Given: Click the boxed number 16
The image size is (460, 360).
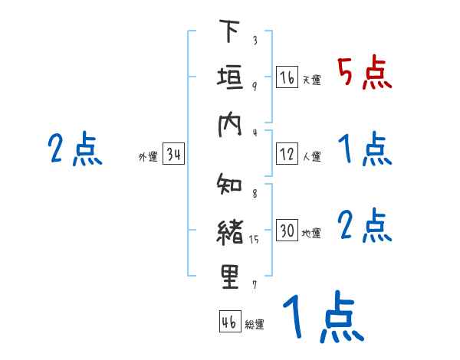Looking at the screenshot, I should (287, 77).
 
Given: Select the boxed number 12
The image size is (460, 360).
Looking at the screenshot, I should (287, 154).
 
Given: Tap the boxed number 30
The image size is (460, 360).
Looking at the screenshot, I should (287, 231).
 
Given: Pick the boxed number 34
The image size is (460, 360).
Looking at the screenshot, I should (173, 155).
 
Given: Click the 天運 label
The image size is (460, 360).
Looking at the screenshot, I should (311, 80).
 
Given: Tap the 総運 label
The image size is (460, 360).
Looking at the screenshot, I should (255, 324).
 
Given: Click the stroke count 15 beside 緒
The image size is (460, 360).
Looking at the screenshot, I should (255, 239).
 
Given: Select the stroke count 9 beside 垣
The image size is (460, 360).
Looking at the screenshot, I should (255, 86).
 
